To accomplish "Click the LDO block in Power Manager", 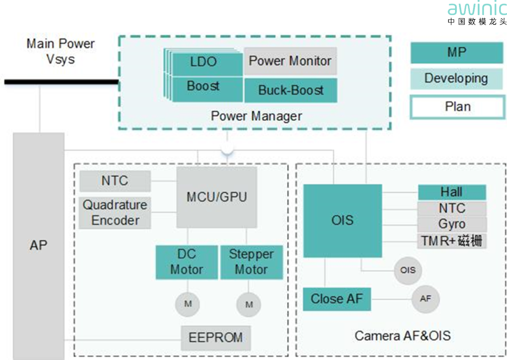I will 204,62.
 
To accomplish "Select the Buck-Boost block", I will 291,90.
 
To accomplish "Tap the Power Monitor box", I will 290,61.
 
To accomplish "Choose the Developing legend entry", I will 457,78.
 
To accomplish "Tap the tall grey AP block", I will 38,246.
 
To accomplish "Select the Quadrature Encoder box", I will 115,213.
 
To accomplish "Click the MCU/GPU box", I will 217,197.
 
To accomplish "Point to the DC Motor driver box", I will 187,262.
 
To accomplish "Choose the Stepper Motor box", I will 251,262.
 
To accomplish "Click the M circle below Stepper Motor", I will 249,305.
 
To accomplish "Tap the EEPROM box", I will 216,338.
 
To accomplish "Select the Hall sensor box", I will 452,192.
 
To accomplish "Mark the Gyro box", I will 452,224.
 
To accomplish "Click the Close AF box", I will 337,299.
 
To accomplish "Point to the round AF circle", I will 425,299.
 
